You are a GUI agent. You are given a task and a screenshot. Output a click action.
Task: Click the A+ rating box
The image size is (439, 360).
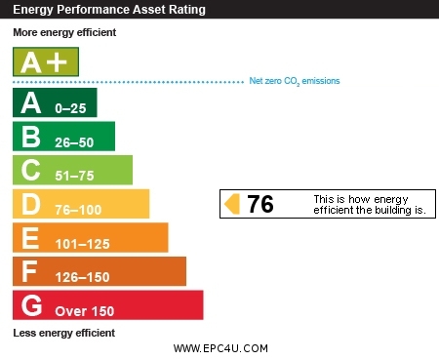45,62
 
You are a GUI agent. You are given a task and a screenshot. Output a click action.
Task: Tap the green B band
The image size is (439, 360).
63,137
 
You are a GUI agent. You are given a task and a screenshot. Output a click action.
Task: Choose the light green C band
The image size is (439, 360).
72,170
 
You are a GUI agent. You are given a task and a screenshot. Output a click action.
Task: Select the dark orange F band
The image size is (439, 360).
99,271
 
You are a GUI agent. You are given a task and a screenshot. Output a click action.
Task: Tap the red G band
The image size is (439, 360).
107,305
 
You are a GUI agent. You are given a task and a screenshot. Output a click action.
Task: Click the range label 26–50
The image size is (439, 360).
75,140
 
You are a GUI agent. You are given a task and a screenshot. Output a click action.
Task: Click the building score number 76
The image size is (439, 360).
260,204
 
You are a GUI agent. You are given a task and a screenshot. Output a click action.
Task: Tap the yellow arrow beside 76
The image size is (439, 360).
232,204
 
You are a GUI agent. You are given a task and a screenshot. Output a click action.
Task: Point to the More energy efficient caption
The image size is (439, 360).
64,32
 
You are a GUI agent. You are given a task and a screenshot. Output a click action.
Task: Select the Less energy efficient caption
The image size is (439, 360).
63,333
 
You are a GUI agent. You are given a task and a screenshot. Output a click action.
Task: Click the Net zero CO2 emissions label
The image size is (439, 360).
295,81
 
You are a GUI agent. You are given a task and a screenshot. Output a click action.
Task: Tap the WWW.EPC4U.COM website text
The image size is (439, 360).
220,348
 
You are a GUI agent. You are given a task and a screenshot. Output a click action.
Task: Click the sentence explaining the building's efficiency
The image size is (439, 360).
369,204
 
